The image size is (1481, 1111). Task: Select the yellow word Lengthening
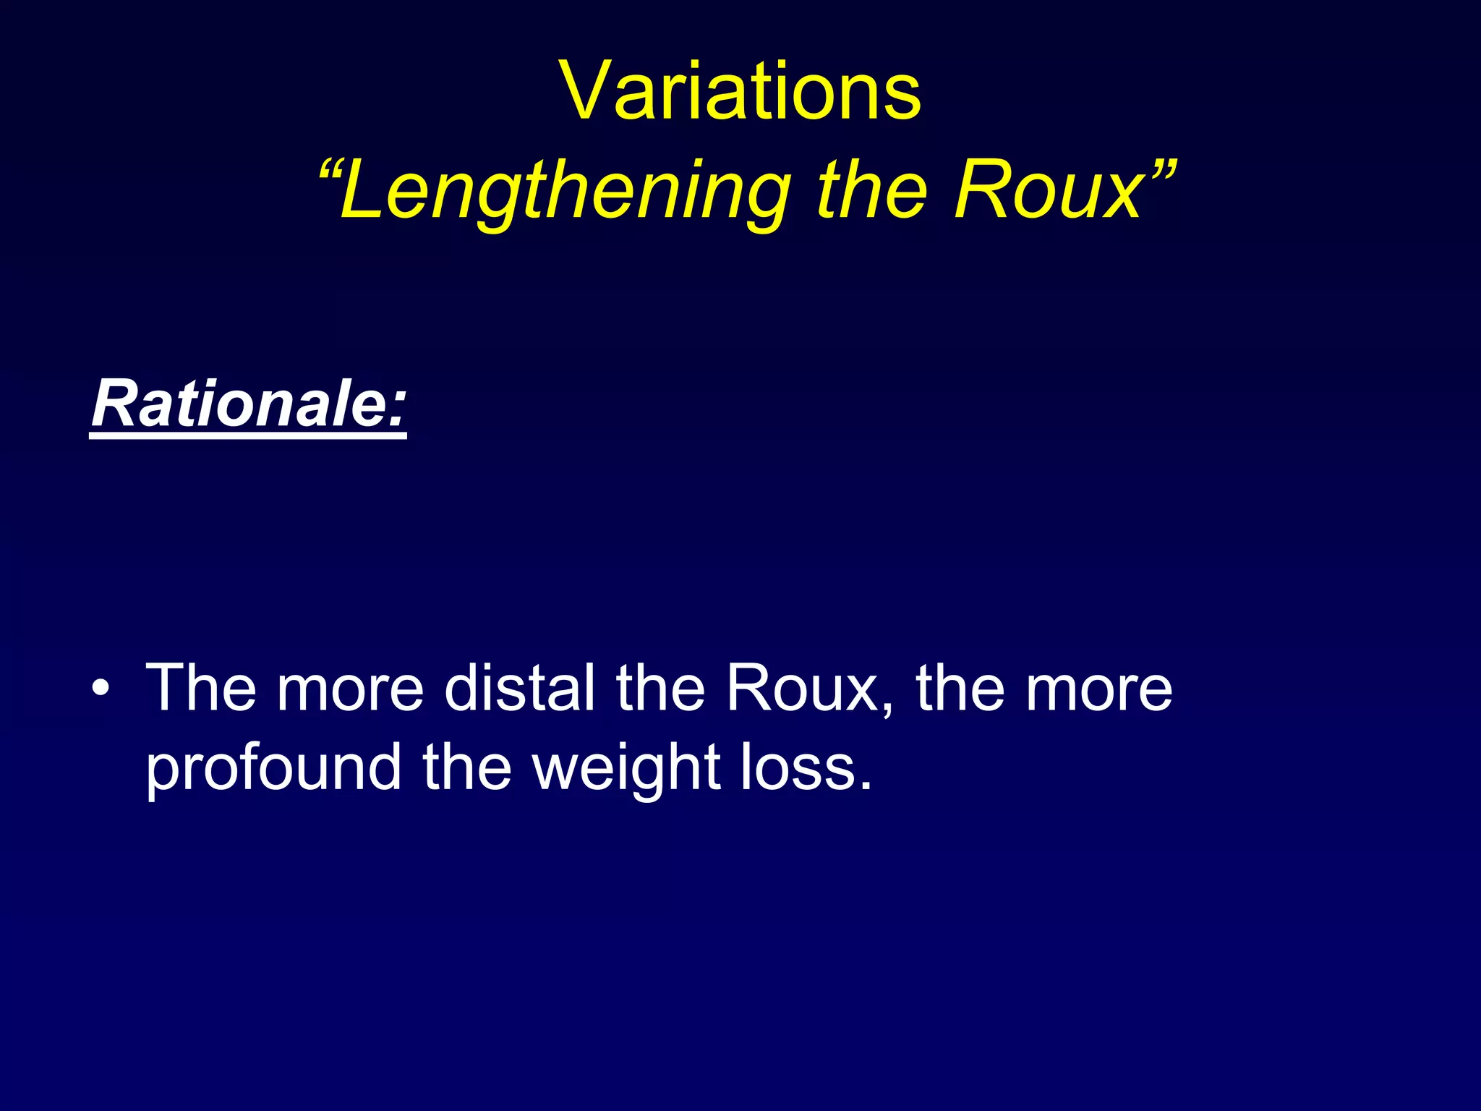pos(564,192)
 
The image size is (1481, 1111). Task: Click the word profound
pos(273,768)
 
